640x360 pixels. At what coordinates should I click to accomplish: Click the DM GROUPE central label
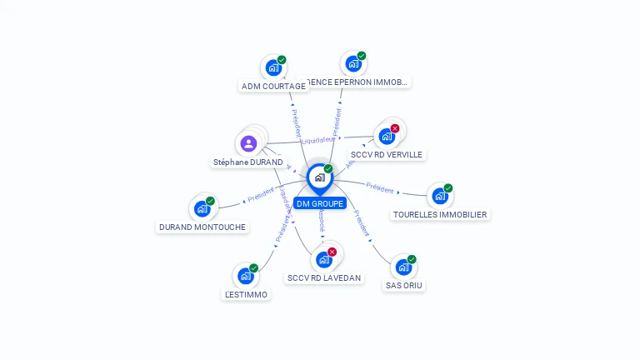click(x=320, y=204)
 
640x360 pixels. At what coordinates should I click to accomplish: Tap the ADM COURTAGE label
click(x=272, y=87)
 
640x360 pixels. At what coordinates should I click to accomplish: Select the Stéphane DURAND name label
click(x=247, y=162)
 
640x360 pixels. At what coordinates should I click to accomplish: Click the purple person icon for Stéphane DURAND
click(x=248, y=143)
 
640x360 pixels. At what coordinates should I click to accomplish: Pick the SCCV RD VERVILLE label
click(x=387, y=155)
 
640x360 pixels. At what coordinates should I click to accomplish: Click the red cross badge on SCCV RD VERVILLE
click(x=395, y=128)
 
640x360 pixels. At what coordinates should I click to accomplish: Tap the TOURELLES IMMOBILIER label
click(x=440, y=215)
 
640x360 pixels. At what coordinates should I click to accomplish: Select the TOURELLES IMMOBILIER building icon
click(x=439, y=197)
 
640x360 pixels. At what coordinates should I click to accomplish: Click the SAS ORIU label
click(x=404, y=286)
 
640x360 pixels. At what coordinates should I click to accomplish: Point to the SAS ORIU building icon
click(x=403, y=267)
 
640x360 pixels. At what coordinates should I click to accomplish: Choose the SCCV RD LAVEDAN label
click(x=324, y=278)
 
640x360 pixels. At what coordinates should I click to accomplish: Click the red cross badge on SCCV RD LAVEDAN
click(x=332, y=252)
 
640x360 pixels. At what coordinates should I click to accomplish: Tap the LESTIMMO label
click(x=246, y=295)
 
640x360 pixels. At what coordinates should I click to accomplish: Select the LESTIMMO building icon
click(x=245, y=276)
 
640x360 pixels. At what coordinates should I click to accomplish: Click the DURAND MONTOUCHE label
click(x=201, y=227)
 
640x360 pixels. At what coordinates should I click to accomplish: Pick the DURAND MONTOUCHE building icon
click(x=202, y=209)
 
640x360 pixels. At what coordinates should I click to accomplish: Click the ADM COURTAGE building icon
click(x=272, y=68)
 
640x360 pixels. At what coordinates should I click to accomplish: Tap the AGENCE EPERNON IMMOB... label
click(x=353, y=82)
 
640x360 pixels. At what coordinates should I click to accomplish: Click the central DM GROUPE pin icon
click(x=320, y=177)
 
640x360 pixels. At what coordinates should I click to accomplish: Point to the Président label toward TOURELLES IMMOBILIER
click(x=380, y=188)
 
